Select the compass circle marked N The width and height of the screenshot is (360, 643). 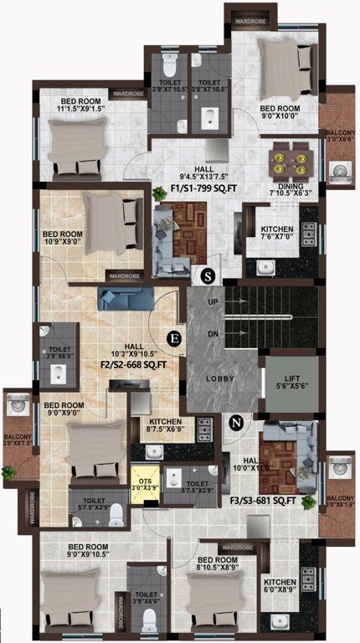pos(237,424)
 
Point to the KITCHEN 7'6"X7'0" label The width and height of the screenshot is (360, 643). pos(276,233)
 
